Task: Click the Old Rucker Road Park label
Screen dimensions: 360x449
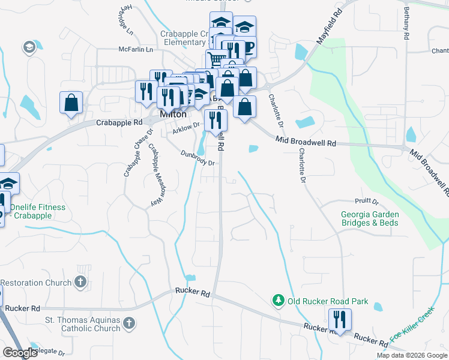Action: point(327,301)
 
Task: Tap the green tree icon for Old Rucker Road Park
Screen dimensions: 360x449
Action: point(278,300)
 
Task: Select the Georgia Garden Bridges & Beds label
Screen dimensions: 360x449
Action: point(370,218)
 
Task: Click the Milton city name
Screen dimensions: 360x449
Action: point(173,114)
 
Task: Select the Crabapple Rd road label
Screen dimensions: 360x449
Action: point(119,122)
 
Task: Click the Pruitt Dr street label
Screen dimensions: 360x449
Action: point(367,202)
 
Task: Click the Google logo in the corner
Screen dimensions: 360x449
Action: point(19,353)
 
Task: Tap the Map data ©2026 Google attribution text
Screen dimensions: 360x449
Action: point(411,355)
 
